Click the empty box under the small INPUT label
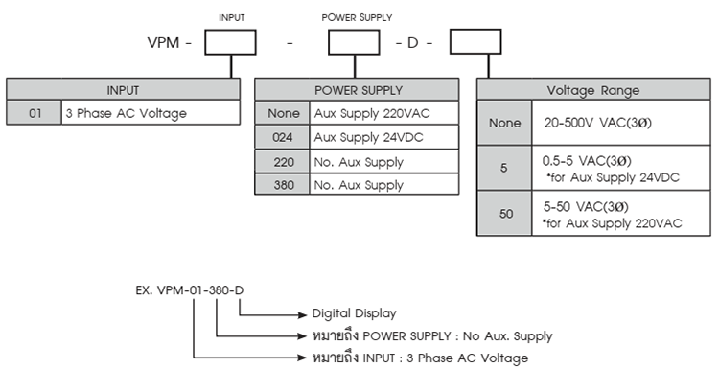coord(231,44)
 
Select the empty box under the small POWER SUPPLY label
coord(356,44)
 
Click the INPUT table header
coord(123,90)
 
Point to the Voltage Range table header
coord(592,90)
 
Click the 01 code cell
coord(35,113)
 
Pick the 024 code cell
coord(282,137)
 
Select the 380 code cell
coord(282,184)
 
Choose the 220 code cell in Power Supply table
coord(282,162)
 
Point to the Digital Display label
coord(354,313)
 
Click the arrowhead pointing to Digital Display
coord(301,313)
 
